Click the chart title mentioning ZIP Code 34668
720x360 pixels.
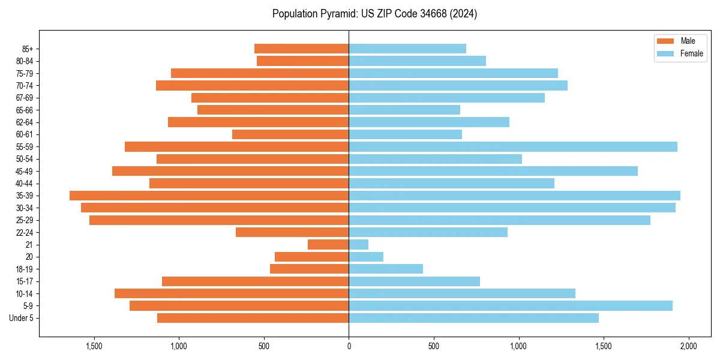(374, 14)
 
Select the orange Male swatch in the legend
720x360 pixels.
(665, 41)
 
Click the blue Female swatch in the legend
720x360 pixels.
(665, 53)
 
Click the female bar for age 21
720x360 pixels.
(359, 245)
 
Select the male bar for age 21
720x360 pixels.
(328, 245)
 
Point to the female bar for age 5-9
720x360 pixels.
(511, 306)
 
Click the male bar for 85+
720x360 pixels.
(301, 49)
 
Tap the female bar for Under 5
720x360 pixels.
(473, 318)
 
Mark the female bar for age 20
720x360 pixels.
(366, 257)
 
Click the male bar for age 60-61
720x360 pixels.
(290, 134)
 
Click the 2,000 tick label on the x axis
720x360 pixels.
(688, 346)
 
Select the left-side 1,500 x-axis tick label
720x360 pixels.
(94, 346)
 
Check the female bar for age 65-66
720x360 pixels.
(404, 110)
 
